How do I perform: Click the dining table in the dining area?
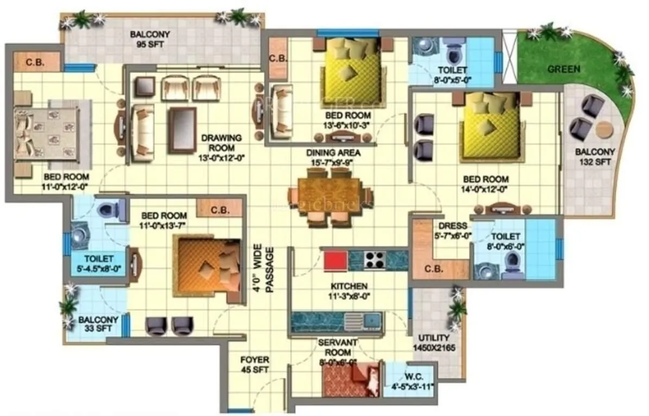(329, 194)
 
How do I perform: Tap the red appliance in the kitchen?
(335, 261)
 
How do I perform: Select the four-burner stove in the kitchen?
(375, 261)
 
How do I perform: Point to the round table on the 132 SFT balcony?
(604, 129)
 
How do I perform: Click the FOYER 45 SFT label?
(255, 365)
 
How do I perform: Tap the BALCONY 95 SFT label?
(150, 40)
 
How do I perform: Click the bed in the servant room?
(369, 380)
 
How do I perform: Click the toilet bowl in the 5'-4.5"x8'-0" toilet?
(106, 209)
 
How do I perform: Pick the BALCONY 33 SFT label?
(98, 324)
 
